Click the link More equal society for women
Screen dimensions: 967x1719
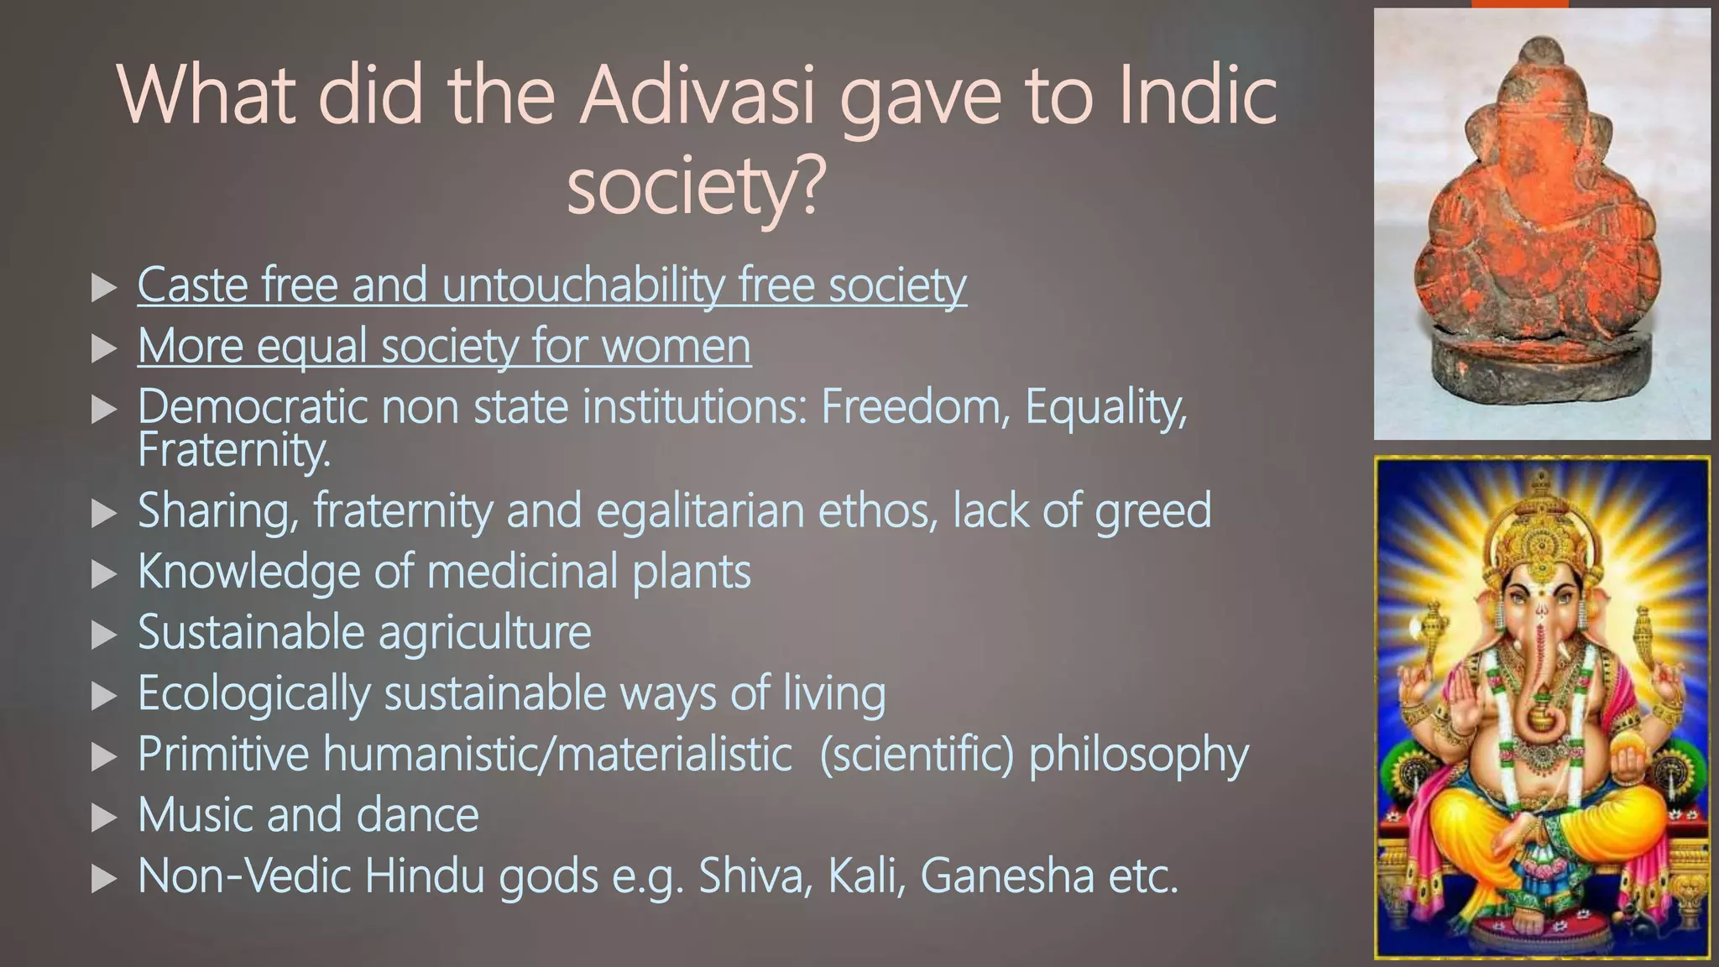(444, 346)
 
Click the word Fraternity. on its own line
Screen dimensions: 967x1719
(234, 450)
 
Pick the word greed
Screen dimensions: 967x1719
(1153, 510)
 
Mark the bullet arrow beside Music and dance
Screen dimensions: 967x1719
(103, 817)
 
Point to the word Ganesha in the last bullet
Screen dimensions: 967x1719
(1007, 876)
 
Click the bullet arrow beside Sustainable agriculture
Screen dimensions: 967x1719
(103, 635)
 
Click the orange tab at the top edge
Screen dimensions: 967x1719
(1519, 4)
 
